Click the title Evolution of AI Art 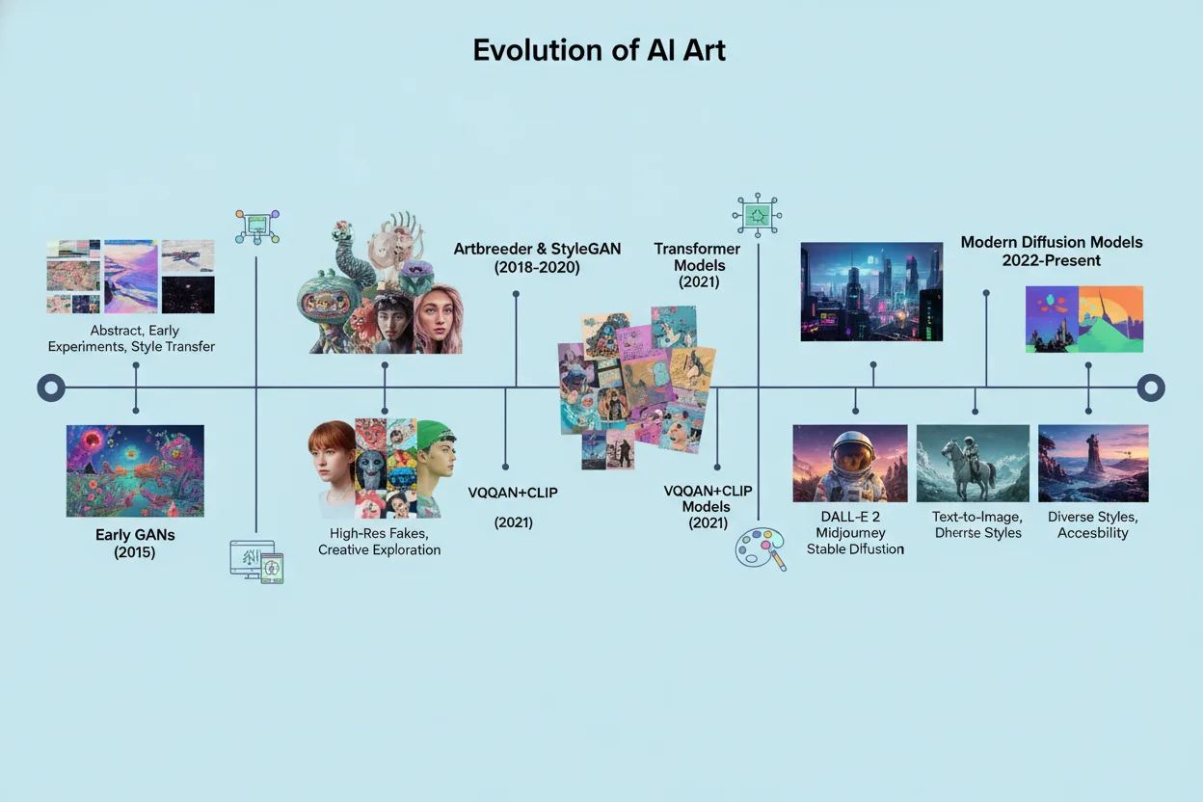pos(599,50)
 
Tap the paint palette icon pos(760,548)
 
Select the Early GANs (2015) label pos(135,544)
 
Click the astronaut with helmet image pos(849,463)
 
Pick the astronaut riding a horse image pos(972,463)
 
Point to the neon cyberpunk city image pos(871,291)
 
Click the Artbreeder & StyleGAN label pos(537,257)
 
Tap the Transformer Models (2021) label pos(699,265)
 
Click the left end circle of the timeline pos(50,388)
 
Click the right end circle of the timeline pos(1150,388)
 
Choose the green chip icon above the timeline pos(757,213)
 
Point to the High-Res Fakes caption pos(379,541)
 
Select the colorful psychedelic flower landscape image pos(135,470)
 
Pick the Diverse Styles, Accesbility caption pos(1092,524)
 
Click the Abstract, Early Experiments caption pos(131,338)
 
